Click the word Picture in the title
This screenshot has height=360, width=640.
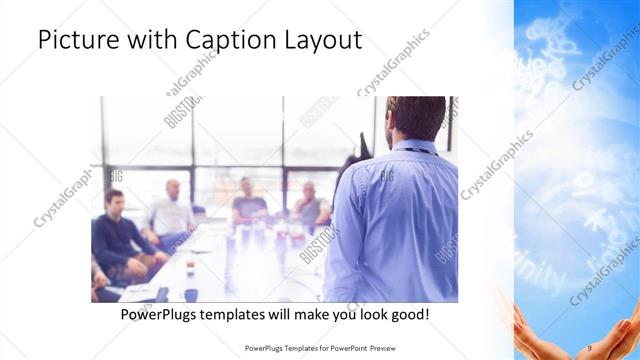[x=77, y=39]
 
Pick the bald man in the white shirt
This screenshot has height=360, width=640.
[x=173, y=210]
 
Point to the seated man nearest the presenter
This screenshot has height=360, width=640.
[x=309, y=205]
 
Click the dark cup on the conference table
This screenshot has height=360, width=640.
[x=190, y=295]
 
